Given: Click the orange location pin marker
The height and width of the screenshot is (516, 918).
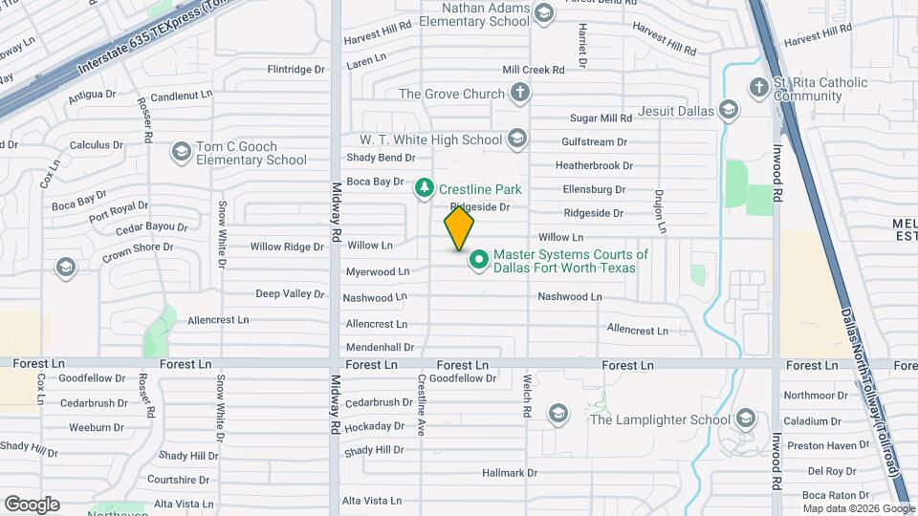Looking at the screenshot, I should coord(459,228).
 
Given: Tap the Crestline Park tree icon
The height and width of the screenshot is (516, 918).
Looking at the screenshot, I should coord(424,189).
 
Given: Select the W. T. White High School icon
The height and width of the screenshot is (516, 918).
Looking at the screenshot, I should coord(517,140).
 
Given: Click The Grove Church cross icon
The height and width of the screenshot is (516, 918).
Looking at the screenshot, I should coord(519,93).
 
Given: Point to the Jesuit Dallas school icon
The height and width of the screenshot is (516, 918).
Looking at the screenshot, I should coord(730,111).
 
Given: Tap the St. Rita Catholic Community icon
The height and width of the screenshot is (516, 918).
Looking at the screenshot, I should coord(758,87).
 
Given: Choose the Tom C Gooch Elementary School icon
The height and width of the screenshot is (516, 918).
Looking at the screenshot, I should coord(181,152).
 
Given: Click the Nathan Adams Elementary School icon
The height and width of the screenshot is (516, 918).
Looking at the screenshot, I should coord(544,12).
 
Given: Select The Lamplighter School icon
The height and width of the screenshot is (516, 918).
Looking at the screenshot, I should coord(745,419).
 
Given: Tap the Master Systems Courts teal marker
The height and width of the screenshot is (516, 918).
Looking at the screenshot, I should coord(478,259).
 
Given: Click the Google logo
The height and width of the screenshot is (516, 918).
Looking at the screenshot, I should coord(32,504).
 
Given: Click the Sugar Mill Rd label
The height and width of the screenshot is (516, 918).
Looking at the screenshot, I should coord(601,118).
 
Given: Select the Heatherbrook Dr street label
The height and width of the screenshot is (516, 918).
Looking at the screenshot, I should coord(594,165).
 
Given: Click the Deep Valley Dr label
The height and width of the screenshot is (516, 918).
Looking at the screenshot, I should coord(290,293).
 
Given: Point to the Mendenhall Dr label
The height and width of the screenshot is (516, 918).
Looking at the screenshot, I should coord(380,348).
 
